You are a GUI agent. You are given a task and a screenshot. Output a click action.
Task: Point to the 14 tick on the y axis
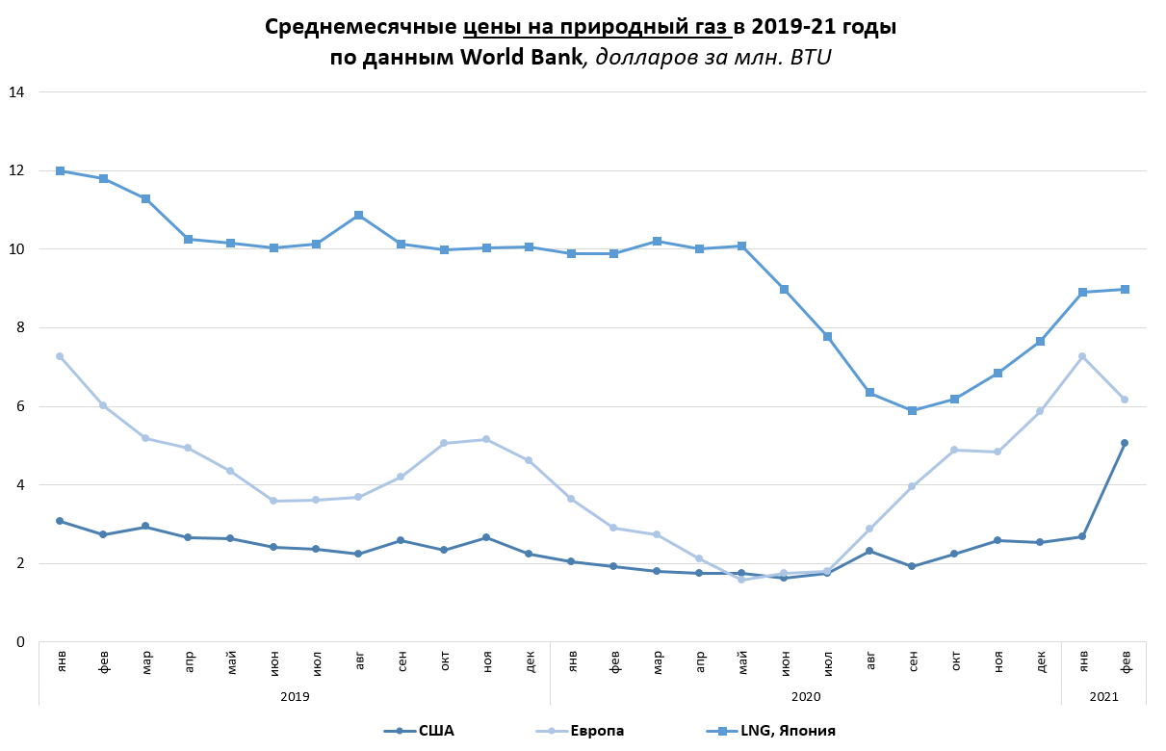point(17,92)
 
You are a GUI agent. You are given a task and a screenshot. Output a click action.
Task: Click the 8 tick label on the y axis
point(21,328)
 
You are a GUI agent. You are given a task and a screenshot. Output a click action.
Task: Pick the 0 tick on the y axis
point(21,642)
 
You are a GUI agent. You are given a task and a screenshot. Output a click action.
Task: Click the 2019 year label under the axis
point(295,694)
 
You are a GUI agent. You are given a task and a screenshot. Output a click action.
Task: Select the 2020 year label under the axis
point(805,694)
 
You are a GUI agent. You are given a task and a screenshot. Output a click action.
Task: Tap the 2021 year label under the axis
point(1103,694)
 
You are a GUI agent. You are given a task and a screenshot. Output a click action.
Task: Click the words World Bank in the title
point(521,58)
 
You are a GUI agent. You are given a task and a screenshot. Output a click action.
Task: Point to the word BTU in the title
point(811,58)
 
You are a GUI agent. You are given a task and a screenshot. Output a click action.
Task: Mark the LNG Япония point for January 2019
point(60,170)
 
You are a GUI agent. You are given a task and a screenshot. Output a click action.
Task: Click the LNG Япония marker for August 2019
point(359,215)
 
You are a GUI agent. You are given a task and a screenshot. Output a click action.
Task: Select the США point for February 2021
point(1125,443)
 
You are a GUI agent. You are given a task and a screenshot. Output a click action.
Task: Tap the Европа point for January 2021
point(1082,356)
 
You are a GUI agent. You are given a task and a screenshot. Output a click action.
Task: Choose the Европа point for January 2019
point(60,356)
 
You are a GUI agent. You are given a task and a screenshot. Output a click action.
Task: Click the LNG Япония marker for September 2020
point(912,410)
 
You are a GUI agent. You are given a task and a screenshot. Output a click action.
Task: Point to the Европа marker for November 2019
point(486,439)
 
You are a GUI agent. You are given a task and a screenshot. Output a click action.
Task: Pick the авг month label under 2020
point(869,662)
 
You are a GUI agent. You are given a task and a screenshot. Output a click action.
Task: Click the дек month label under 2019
point(529,662)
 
